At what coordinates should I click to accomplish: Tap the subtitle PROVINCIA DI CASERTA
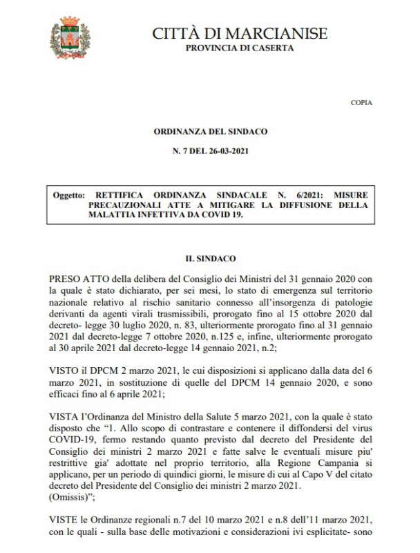(x=239, y=48)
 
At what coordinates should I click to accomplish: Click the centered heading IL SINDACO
(x=210, y=257)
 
